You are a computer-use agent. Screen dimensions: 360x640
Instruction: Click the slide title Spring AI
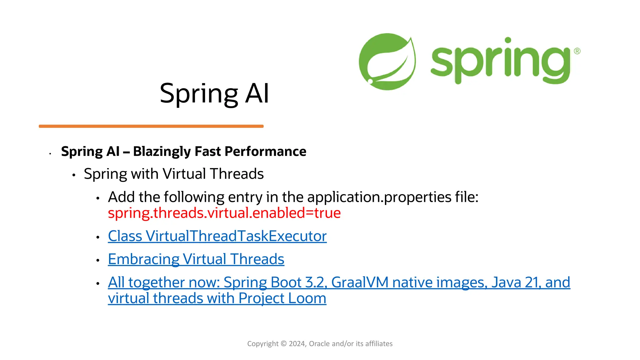pos(214,93)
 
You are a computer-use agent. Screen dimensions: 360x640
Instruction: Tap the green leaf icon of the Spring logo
pos(387,62)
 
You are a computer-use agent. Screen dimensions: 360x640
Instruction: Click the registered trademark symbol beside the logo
pos(577,51)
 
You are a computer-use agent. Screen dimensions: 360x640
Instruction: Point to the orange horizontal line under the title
pos(151,126)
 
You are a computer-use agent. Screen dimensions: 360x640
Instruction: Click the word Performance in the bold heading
pos(265,152)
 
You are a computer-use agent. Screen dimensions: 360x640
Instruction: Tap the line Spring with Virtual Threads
pos(173,174)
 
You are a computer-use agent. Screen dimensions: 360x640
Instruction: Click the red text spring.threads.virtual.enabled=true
pos(224,213)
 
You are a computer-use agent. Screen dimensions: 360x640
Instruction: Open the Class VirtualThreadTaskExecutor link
pos(217,236)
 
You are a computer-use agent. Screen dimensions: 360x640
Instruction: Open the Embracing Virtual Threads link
pos(196,259)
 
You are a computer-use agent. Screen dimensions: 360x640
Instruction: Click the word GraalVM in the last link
pos(360,282)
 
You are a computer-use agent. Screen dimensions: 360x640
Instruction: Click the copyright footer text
pos(320,344)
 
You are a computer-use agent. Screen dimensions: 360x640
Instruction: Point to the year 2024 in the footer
pos(297,344)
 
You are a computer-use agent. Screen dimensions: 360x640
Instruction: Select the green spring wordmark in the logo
pos(500,61)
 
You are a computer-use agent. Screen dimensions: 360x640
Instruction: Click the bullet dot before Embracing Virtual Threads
pos(98,260)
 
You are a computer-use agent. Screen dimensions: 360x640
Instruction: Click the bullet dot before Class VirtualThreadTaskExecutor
pos(98,237)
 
